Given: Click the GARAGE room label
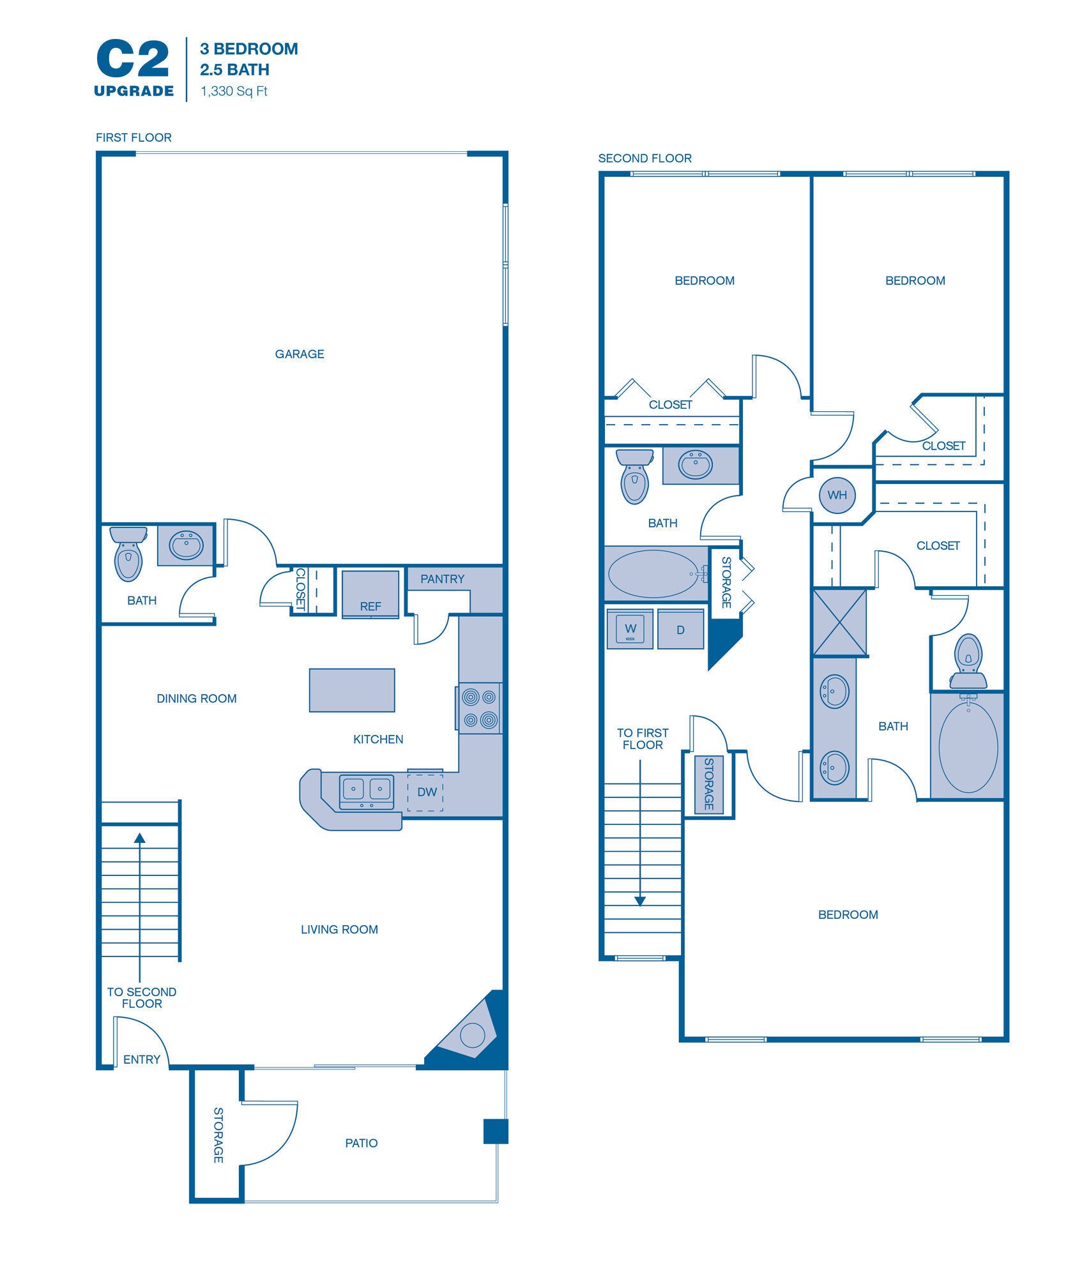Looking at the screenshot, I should click(300, 354).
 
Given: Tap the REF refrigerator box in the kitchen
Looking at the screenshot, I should click(370, 594).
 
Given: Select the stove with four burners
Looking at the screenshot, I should click(480, 708).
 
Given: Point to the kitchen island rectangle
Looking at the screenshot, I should click(352, 690).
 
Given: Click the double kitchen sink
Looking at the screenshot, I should click(367, 791).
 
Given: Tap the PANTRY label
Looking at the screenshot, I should click(442, 579).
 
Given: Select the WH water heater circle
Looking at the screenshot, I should click(837, 495).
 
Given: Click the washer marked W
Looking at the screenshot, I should click(630, 630).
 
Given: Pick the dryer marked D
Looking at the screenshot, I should click(680, 630).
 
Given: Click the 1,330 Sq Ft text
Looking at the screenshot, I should click(234, 91).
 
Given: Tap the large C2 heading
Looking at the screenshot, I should click(133, 59).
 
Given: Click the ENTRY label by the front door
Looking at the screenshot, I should click(142, 1060).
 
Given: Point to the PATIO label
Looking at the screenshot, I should click(362, 1144).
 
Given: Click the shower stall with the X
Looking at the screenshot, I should click(839, 623).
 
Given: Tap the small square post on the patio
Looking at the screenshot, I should click(496, 1131).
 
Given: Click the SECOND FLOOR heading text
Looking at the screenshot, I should click(645, 158).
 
